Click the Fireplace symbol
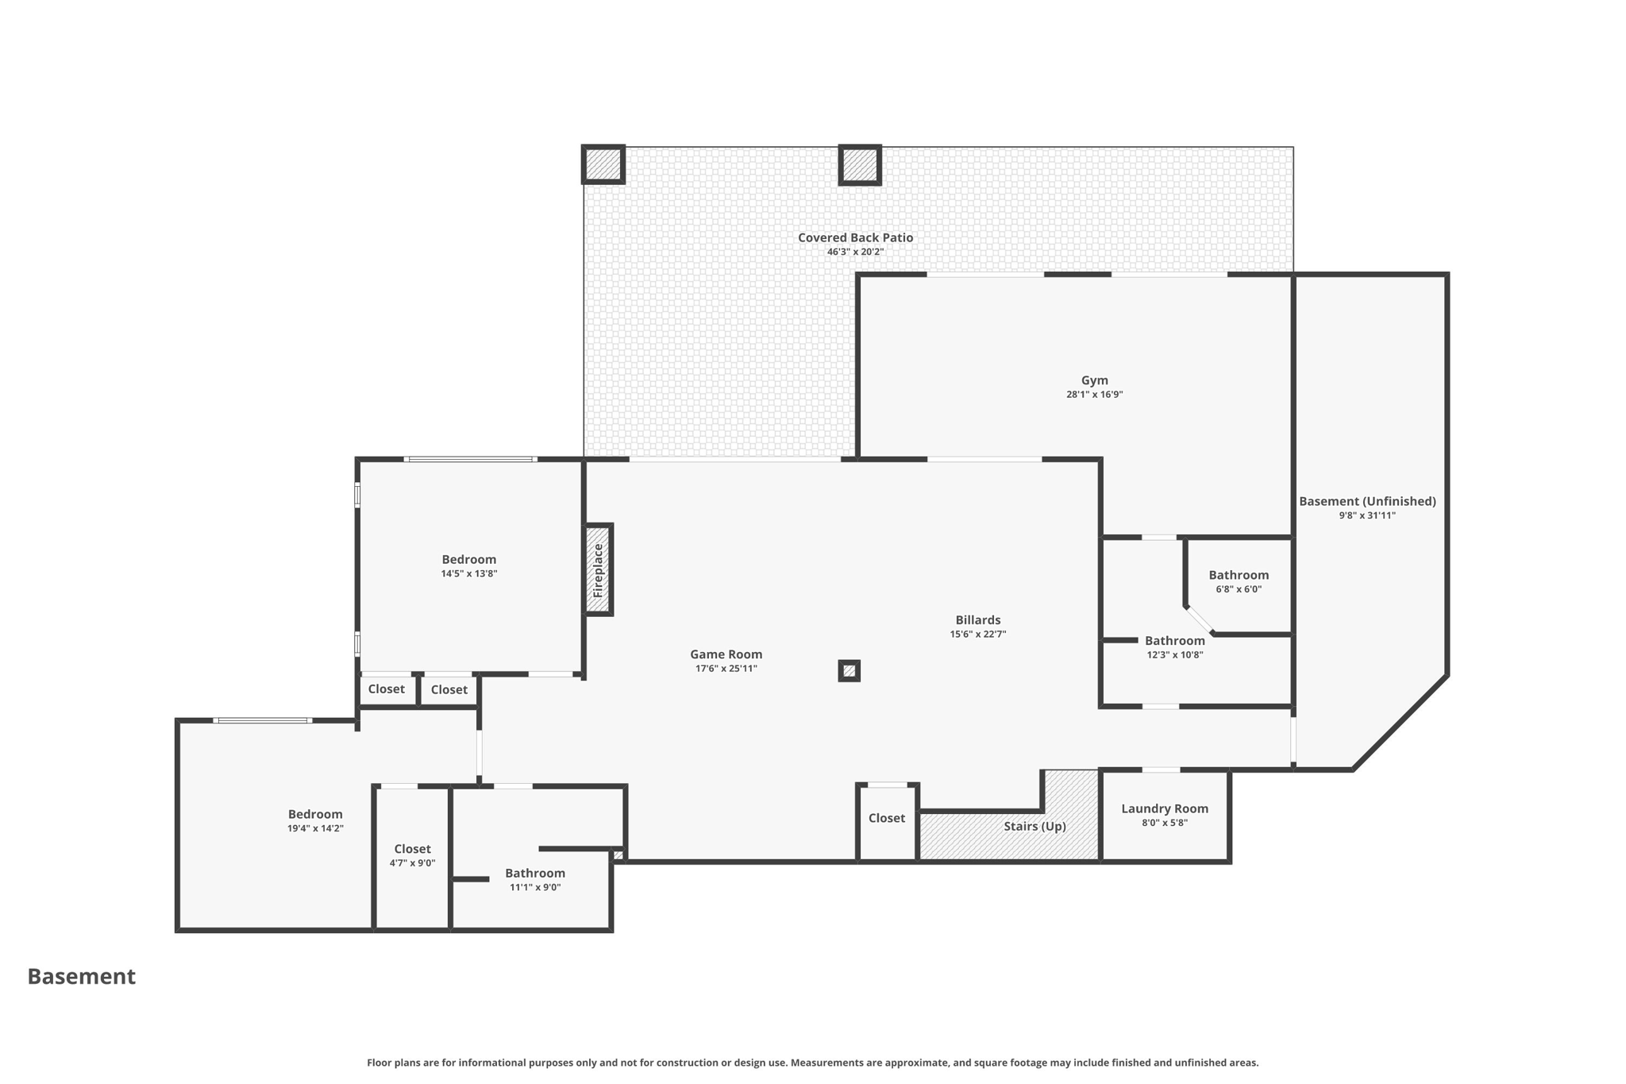[x=599, y=569]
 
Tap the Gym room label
[x=1094, y=380]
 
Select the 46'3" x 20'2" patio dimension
[x=855, y=252]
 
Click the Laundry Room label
[x=1164, y=808]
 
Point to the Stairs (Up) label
[x=1034, y=826]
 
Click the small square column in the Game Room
[x=849, y=671]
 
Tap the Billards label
[x=977, y=620]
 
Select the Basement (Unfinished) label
[x=1367, y=501]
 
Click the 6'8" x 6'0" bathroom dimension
[x=1238, y=589]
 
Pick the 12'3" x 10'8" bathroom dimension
[x=1174, y=655]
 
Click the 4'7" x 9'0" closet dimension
[x=412, y=863]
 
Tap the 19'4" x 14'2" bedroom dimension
[x=315, y=828]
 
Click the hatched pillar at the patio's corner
[x=603, y=164]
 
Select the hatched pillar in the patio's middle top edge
[x=859, y=164]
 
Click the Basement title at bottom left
[x=82, y=976]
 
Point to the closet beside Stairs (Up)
[x=886, y=818]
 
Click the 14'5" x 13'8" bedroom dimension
[x=468, y=573]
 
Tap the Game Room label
[x=726, y=654]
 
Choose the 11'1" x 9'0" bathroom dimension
[x=534, y=887]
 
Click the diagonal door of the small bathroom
[x=1200, y=621]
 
